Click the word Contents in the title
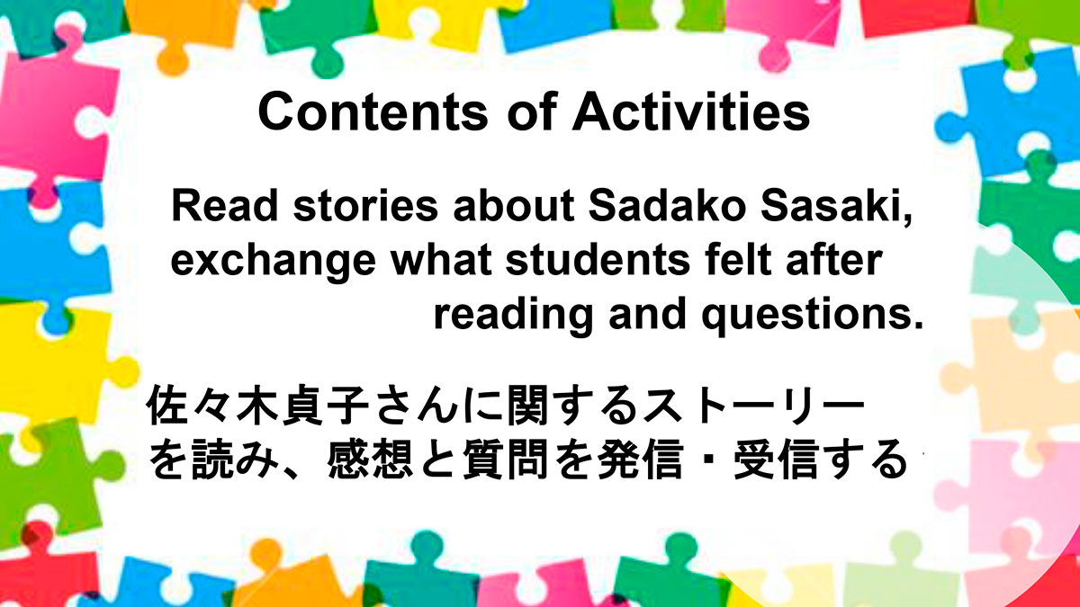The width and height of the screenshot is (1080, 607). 373,112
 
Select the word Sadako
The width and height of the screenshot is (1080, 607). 665,206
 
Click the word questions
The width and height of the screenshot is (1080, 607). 813,316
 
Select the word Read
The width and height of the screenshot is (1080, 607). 225,206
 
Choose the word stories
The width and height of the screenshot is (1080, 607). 366,206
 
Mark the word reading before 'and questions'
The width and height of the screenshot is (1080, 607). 513,316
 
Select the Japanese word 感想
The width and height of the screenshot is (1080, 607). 370,460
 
